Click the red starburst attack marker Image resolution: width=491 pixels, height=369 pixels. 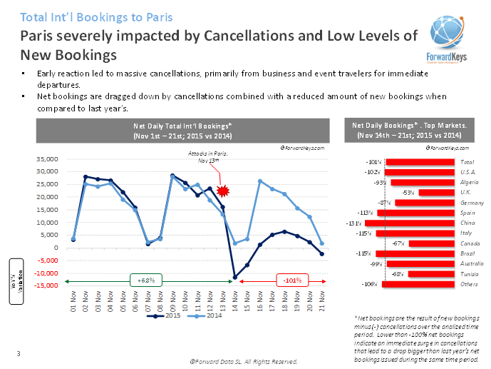pos(223,191)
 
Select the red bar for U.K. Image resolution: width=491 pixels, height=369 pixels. pos(436,193)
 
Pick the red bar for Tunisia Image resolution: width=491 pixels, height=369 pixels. pos(432,274)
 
